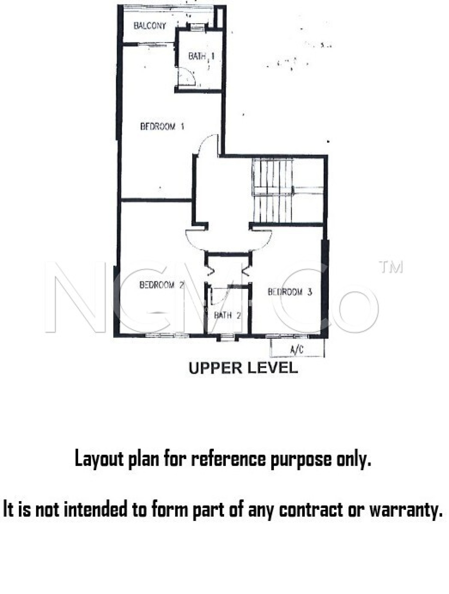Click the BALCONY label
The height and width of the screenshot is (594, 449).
click(150, 26)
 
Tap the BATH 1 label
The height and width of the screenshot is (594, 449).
click(201, 56)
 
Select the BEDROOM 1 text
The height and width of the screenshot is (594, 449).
click(162, 127)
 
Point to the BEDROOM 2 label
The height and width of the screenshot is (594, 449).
click(161, 285)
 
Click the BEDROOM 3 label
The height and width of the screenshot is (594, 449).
click(290, 292)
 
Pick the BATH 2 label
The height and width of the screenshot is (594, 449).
click(227, 315)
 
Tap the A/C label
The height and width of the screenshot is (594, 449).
click(297, 350)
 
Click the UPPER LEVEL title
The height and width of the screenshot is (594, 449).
click(243, 368)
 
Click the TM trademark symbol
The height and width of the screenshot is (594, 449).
click(391, 267)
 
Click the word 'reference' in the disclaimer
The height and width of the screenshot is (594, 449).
click(229, 459)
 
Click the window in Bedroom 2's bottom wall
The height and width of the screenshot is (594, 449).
click(167, 336)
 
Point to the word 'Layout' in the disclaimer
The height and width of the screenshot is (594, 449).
click(99, 459)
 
